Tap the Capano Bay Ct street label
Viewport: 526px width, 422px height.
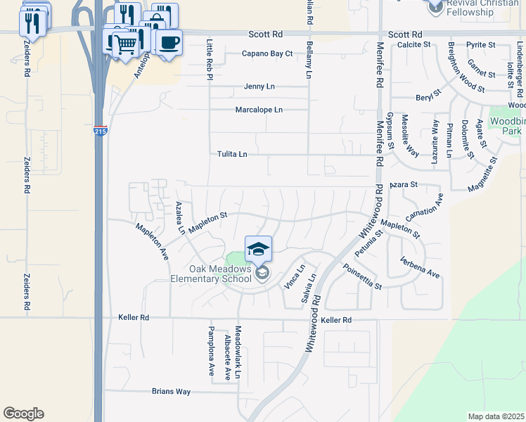point(267,53)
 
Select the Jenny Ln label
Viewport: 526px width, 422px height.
point(259,87)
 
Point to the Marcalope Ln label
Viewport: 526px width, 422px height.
point(258,110)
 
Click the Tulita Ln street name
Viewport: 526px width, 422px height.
point(232,154)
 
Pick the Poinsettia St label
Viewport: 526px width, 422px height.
point(361,277)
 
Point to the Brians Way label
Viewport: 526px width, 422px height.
point(172,392)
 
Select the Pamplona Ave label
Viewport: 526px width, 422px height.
point(210,351)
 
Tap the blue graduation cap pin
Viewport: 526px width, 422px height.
point(258,248)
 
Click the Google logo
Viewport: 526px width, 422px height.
point(23,414)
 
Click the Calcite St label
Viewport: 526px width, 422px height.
point(413,44)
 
